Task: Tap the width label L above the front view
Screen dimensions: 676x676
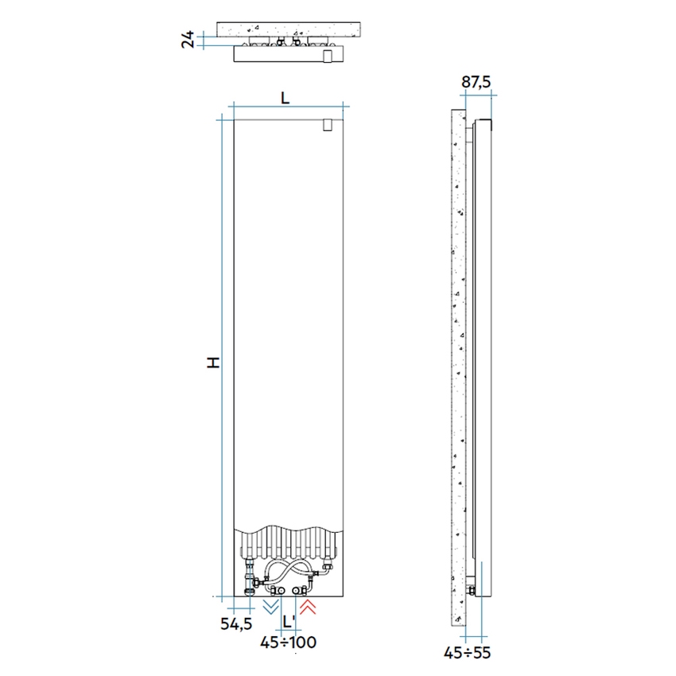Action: pos(286,97)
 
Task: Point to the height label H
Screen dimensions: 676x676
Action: pos(212,362)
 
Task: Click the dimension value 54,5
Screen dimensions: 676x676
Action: pos(237,624)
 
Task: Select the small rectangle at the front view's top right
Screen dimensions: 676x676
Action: pos(328,126)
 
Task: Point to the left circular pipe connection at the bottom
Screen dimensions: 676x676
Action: pos(278,590)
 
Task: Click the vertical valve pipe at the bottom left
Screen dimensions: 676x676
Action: pos(252,577)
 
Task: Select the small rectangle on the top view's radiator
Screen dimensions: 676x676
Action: pos(328,56)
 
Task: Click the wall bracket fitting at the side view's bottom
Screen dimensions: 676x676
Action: pos(473,590)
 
